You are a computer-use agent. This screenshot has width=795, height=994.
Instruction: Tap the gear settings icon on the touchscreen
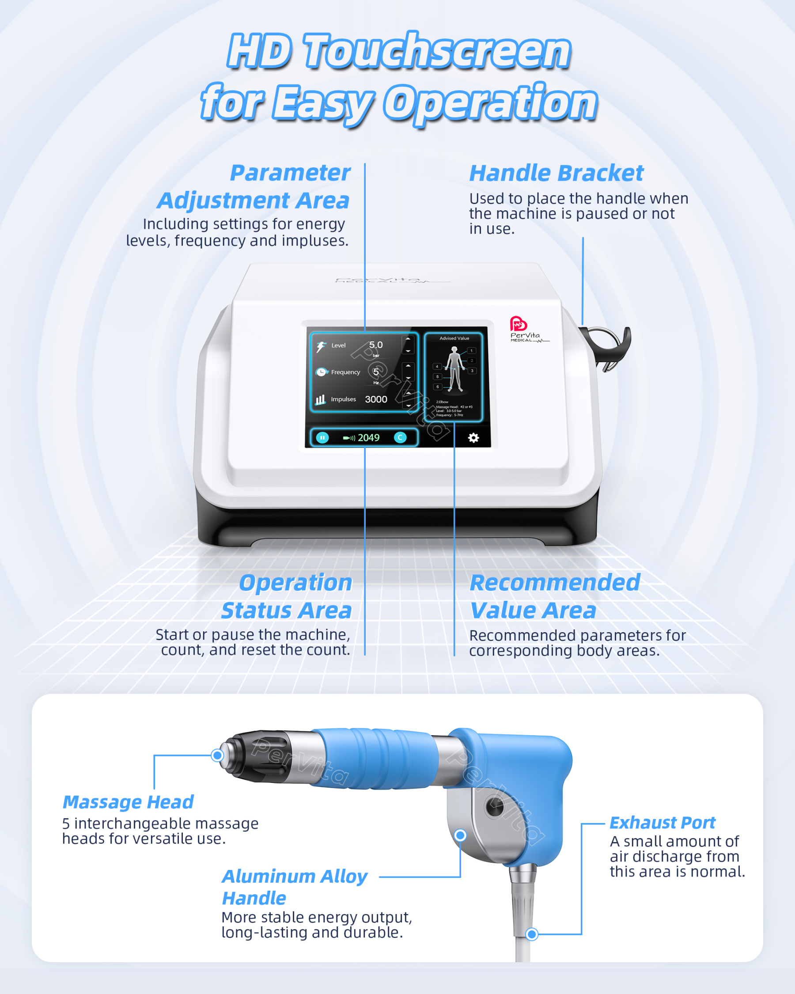coord(473,437)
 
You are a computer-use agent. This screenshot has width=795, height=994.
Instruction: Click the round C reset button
coord(400,437)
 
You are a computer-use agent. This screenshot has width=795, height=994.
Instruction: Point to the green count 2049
coord(368,437)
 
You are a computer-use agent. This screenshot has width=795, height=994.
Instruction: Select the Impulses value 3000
coord(375,399)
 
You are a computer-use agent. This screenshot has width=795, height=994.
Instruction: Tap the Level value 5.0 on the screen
coord(375,345)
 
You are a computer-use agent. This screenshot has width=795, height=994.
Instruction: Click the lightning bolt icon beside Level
coord(321,347)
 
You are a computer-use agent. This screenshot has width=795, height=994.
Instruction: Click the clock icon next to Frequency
coord(321,372)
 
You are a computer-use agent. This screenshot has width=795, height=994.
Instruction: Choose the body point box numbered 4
coord(437,367)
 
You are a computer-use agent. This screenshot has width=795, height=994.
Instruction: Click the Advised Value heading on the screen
coord(454,338)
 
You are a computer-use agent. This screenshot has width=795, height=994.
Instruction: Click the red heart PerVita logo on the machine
coord(518,324)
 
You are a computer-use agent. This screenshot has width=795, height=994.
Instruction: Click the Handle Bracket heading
coord(556,173)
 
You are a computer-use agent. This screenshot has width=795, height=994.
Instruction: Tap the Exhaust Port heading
coord(662,823)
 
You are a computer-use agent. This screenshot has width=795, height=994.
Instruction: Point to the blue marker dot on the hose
coord(532,934)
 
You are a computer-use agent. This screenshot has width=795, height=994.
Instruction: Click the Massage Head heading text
coord(128,802)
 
